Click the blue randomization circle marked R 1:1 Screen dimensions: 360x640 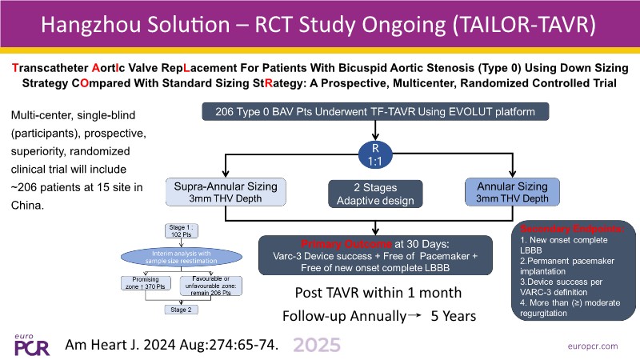(376, 153)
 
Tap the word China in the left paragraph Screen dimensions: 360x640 (26, 203)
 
